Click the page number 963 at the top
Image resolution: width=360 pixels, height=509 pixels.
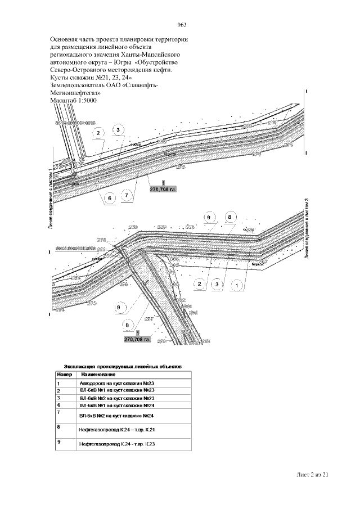pos(181,24)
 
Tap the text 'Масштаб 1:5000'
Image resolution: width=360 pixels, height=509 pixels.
pos(74,100)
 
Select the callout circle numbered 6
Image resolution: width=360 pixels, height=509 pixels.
pos(110,198)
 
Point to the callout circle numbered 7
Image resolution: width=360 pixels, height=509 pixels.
pos(128,195)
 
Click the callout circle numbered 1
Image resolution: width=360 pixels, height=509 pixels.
pos(238,285)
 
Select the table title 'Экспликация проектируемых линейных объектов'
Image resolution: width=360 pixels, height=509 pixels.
pos(123,365)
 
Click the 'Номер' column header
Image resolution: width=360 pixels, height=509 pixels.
pos(62,374)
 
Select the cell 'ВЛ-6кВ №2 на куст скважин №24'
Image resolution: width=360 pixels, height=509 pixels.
pos(116,415)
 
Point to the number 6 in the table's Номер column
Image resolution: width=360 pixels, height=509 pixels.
pos(58,405)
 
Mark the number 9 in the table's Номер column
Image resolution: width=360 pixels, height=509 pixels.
pos(58,442)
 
